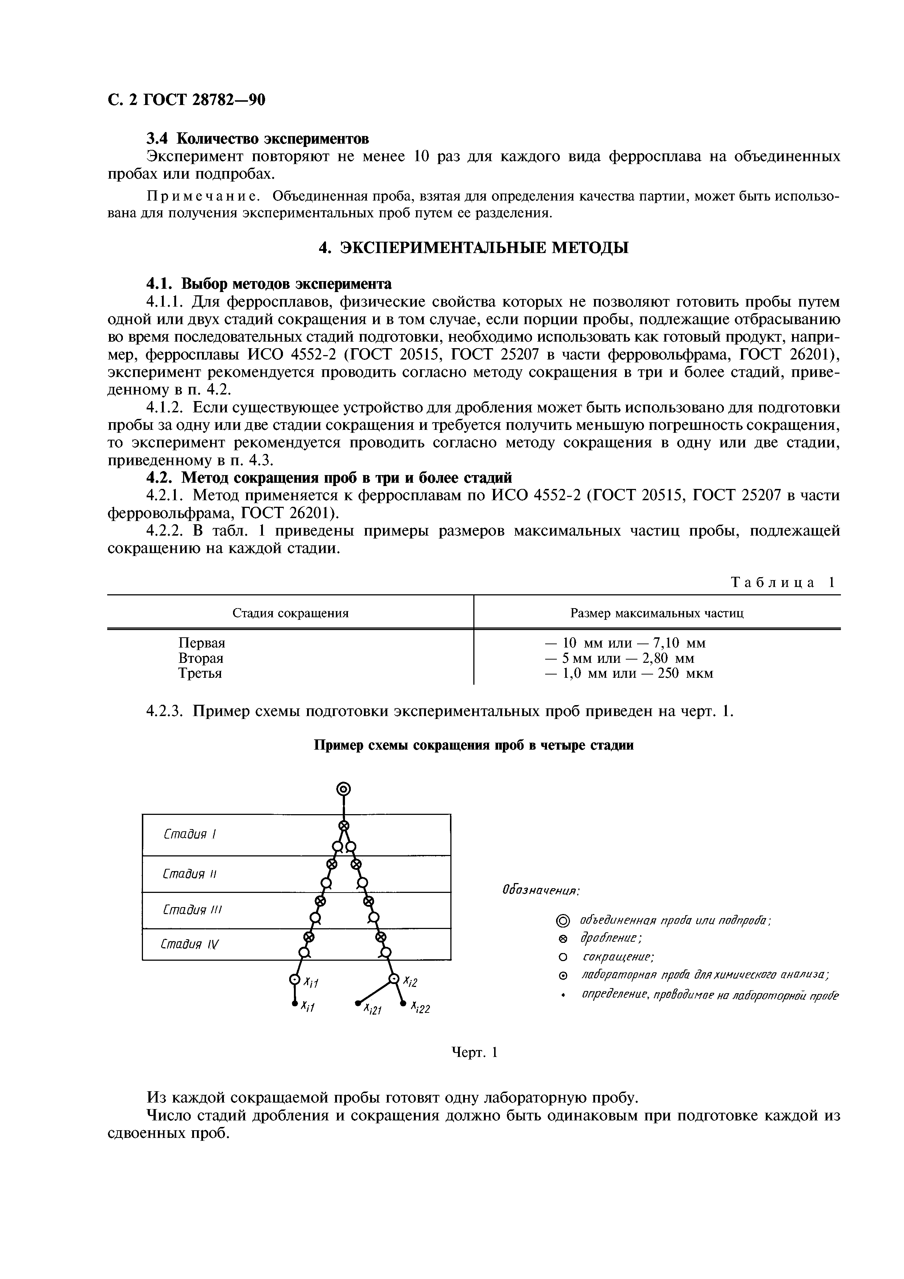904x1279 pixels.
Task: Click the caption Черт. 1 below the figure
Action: [x=473, y=1052]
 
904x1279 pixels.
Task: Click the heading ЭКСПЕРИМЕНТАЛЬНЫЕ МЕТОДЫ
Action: [x=473, y=247]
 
